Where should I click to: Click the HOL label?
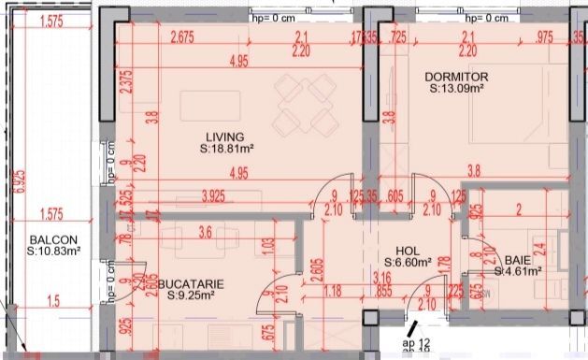click(407, 251)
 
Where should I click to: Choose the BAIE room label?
click(518, 260)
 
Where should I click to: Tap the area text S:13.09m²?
click(456, 89)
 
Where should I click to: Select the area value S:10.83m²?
click(52, 252)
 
